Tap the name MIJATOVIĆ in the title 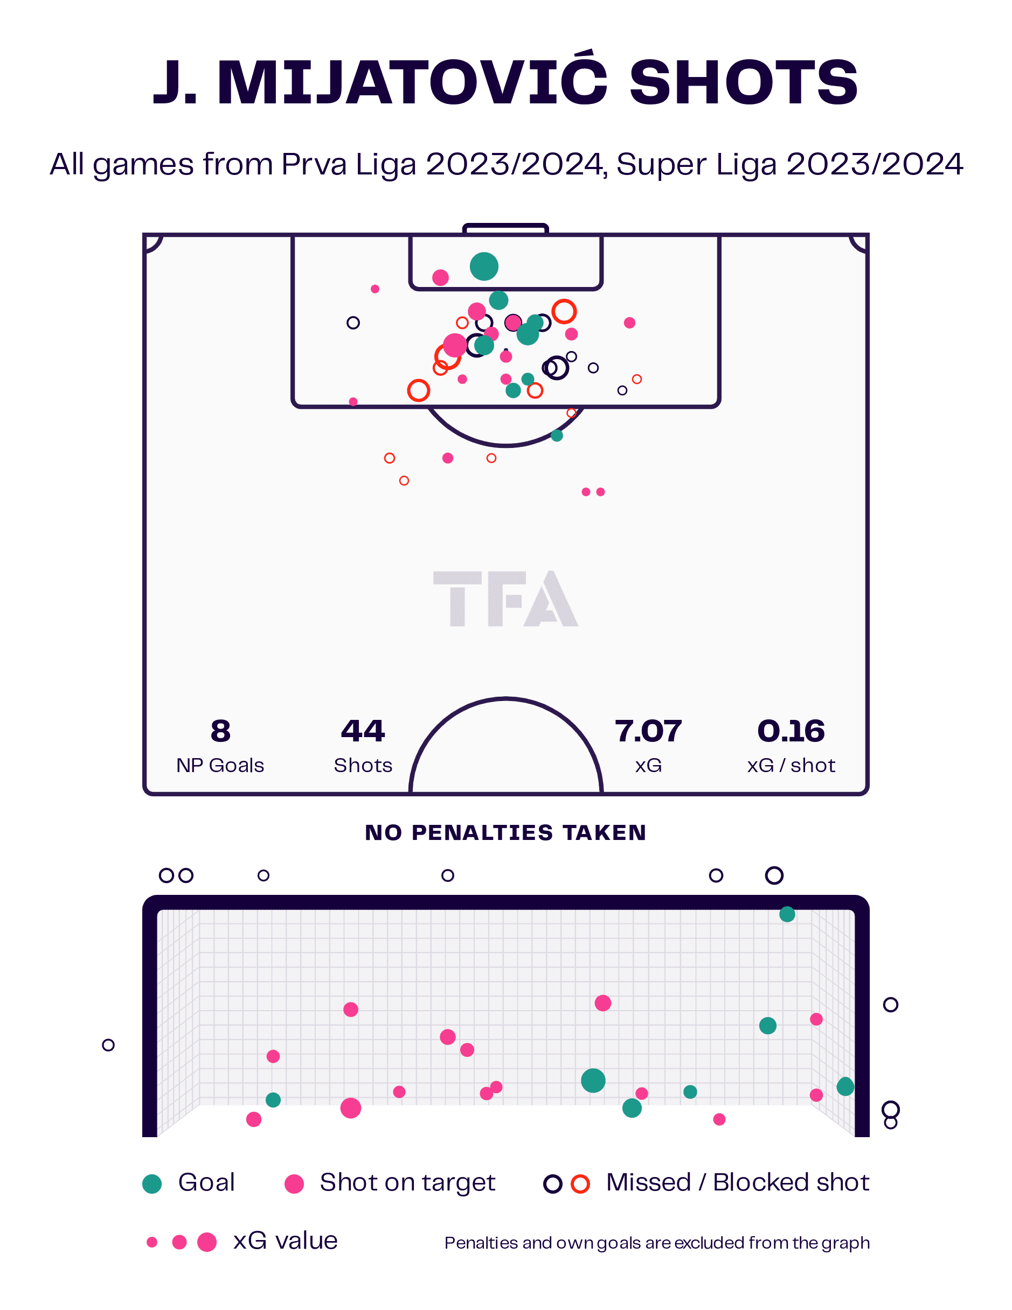tap(412, 84)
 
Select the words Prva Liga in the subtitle tap(348, 164)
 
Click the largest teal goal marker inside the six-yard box tap(484, 267)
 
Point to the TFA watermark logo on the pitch tap(505, 598)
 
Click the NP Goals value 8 tap(220, 731)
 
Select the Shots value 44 tap(362, 731)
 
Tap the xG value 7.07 tap(648, 731)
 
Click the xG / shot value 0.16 tap(791, 731)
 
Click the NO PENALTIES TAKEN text tap(505, 832)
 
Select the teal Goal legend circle tap(152, 1184)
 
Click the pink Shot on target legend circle tap(294, 1184)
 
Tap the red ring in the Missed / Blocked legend tap(580, 1184)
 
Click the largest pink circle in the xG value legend tap(206, 1242)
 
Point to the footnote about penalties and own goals tap(657, 1243)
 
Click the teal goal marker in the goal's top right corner tap(787, 914)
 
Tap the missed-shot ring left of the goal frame tap(108, 1046)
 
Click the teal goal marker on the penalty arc tap(557, 436)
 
